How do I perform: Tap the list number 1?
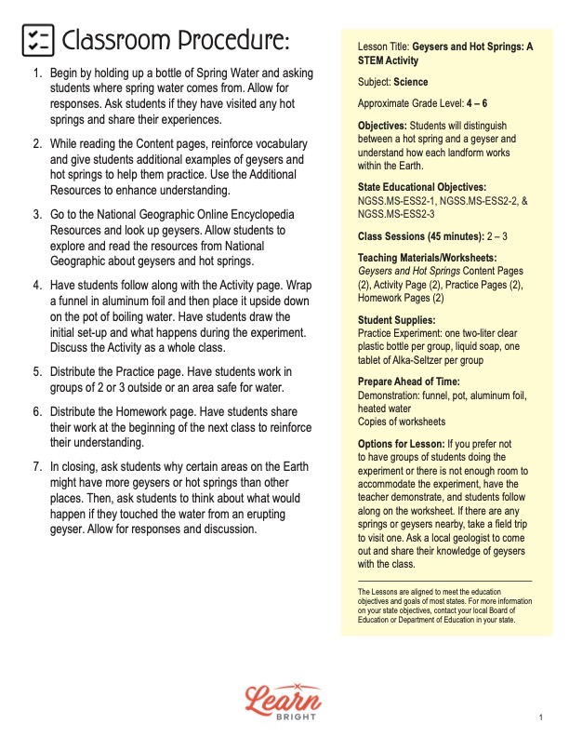(x=37, y=73)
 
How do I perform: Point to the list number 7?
(x=37, y=466)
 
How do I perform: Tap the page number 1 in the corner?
(x=539, y=717)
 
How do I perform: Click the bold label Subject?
(x=375, y=82)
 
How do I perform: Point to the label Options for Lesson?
(x=401, y=443)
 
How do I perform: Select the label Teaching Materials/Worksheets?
(x=427, y=258)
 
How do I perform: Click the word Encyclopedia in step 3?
(x=276, y=213)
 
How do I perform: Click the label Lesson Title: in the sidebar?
(x=383, y=45)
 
